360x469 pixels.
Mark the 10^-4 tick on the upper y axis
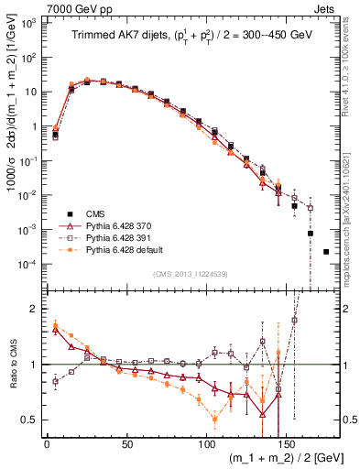(x=29, y=264)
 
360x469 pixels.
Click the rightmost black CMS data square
(x=326, y=251)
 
